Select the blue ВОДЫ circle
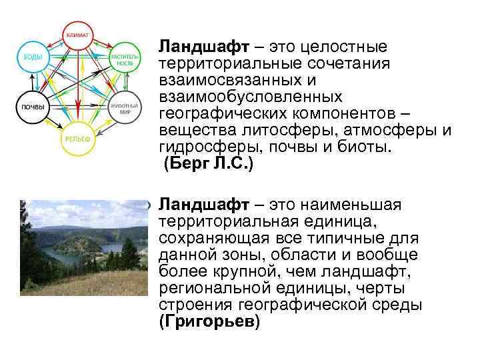point(32,59)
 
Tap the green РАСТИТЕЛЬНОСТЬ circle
point(125,59)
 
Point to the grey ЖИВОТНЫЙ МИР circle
point(125,108)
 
